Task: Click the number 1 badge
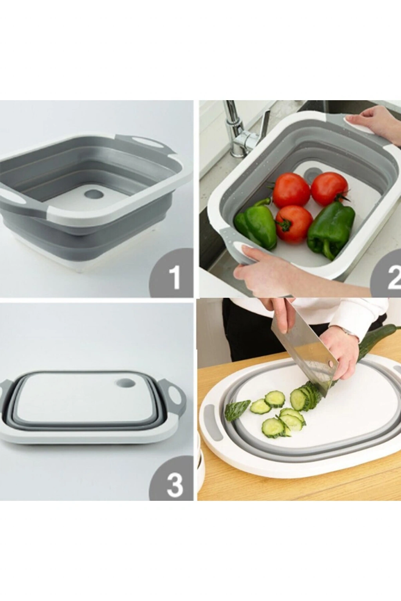pos(172,273)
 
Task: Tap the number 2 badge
pos(387,274)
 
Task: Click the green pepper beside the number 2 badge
pos(331,230)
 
